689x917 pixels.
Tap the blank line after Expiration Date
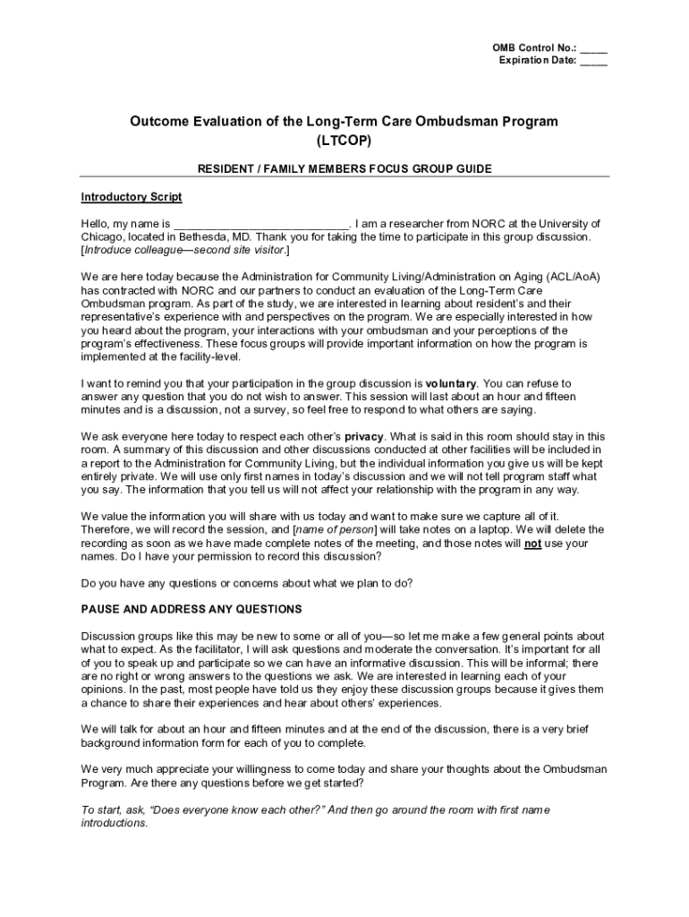click(x=593, y=61)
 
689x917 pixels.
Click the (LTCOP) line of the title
click(x=344, y=141)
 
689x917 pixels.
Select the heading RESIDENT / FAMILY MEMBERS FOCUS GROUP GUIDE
click(x=344, y=168)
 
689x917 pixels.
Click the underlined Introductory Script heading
click(x=132, y=197)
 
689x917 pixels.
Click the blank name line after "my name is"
click(x=260, y=224)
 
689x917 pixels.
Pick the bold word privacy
click(x=364, y=436)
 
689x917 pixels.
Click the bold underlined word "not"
click(x=532, y=543)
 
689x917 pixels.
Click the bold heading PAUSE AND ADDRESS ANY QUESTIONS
click(x=191, y=609)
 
